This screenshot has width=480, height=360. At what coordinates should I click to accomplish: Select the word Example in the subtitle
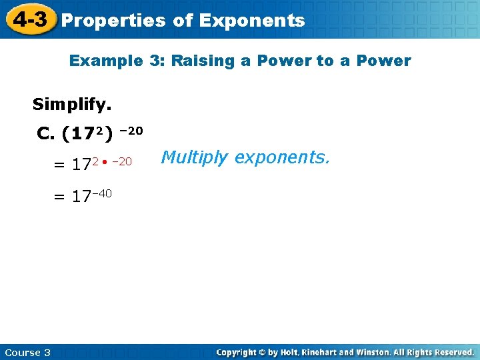[x=106, y=61]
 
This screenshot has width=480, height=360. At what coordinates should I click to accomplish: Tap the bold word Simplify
[x=72, y=105]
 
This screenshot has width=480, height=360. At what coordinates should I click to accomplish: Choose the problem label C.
[x=46, y=135]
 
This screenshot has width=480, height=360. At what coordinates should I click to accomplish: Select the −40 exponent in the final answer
[x=101, y=193]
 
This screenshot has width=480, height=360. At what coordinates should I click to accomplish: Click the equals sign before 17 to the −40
[x=60, y=197]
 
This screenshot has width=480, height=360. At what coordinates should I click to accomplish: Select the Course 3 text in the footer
[x=27, y=352]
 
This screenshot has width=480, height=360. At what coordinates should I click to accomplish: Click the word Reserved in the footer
[x=453, y=352]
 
